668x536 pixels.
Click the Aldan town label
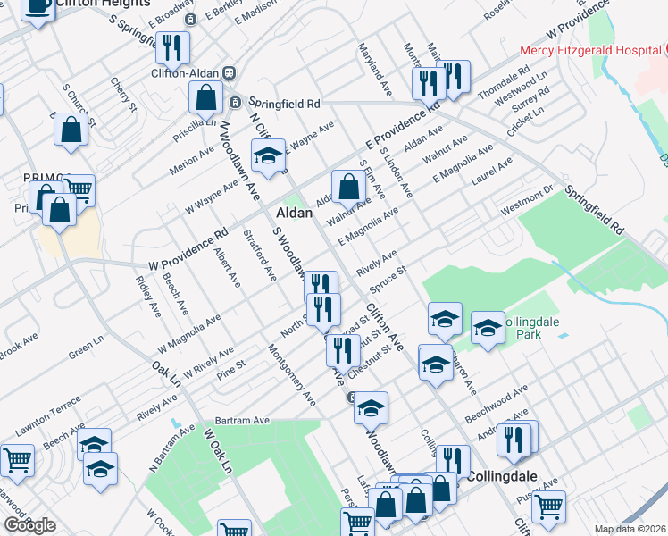[x=294, y=214]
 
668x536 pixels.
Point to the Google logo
[x=29, y=525]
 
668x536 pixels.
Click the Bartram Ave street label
[x=242, y=420]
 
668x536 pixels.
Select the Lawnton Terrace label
[x=49, y=408]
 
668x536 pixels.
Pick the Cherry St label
[x=124, y=95]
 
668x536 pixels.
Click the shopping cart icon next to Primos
[x=79, y=189]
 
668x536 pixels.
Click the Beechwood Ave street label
[x=497, y=402]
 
